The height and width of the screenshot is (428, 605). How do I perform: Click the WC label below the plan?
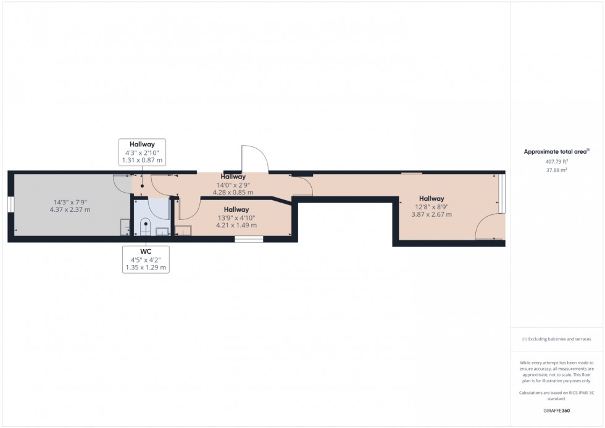click(145, 251)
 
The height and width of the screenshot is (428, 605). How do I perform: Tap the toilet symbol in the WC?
click(145, 225)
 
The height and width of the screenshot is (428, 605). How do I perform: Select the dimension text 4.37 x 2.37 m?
click(70, 209)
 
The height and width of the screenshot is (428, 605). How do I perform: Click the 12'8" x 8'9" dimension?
click(432, 207)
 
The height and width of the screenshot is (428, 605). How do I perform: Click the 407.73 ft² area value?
click(556, 161)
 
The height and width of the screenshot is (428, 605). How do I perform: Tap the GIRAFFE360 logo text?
click(556, 409)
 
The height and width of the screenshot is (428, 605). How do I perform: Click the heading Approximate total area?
click(556, 151)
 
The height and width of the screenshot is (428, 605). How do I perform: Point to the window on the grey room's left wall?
click(10, 205)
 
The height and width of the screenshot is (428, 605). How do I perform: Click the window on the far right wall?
click(503, 193)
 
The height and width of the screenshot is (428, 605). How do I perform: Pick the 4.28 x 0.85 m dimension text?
click(233, 192)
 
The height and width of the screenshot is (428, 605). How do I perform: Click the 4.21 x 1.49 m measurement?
click(236, 225)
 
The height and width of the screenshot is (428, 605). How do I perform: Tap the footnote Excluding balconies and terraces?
click(556, 339)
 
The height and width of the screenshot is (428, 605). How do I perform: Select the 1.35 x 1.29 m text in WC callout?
click(145, 268)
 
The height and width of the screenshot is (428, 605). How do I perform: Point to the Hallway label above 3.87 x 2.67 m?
click(432, 199)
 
